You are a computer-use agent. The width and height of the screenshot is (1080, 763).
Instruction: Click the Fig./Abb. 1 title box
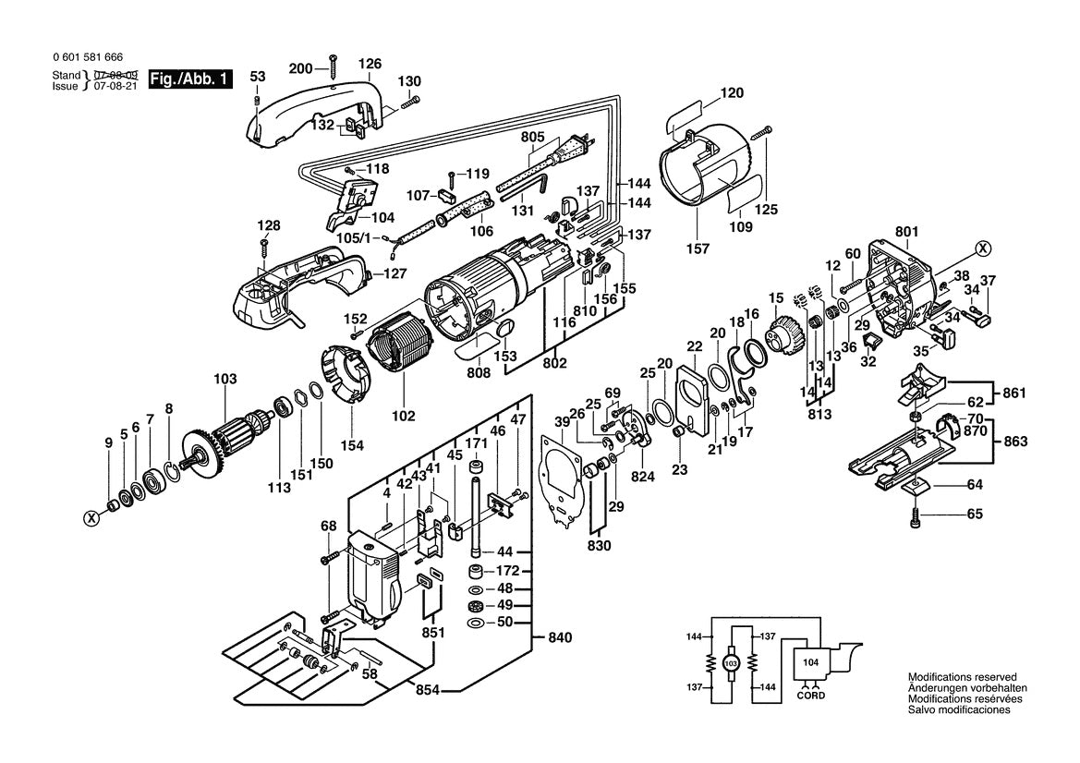pos(190,79)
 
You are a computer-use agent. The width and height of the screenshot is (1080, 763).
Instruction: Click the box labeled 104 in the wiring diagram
pos(809,662)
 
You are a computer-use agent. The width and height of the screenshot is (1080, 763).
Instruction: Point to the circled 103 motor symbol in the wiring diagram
pos(731,663)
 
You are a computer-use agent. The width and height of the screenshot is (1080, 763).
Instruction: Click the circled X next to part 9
pos(91,518)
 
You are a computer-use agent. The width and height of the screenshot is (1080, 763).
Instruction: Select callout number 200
pos(301,68)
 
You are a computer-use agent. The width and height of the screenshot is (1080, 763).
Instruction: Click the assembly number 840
pos(560,637)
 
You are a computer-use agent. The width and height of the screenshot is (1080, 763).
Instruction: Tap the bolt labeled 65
pos(914,516)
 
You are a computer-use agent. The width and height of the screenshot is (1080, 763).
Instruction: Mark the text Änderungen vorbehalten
pos(966,688)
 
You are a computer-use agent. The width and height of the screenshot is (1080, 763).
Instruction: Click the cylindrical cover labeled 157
pos(713,176)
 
